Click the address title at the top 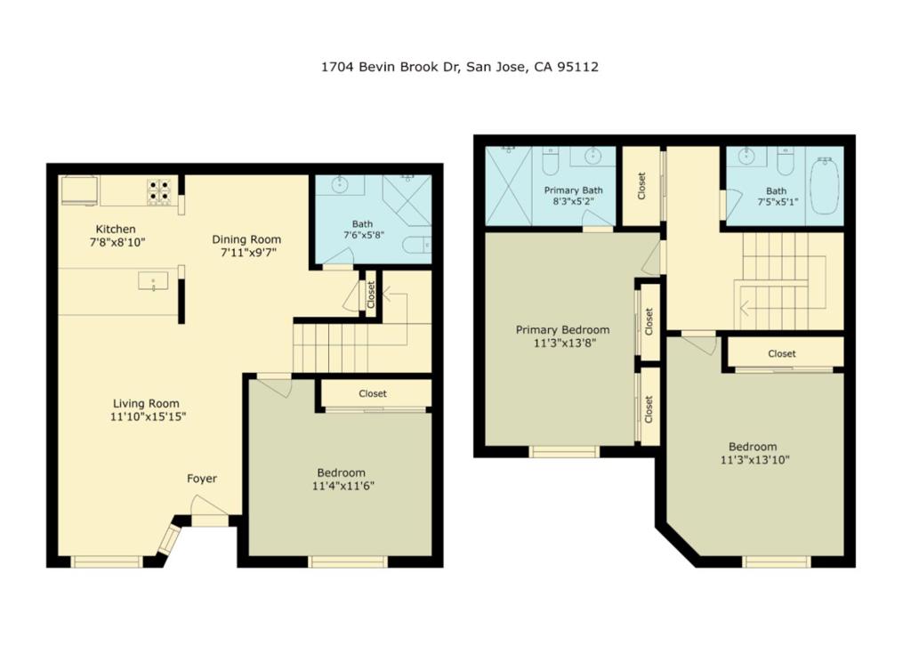click(460, 67)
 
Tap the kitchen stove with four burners click(159, 191)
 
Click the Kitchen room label click(116, 230)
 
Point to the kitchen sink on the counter click(153, 280)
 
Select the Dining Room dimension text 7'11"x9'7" click(246, 253)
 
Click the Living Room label click(146, 404)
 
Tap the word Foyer click(202, 479)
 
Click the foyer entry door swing click(210, 505)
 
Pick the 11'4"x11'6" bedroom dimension click(343, 486)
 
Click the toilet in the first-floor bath click(418, 246)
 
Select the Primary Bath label click(574, 190)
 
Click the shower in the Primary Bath click(509, 186)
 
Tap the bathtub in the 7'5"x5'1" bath click(825, 185)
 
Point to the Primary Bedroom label click(563, 330)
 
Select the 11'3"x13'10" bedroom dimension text click(755, 461)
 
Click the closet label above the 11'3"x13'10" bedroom click(782, 354)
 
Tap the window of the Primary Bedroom click(564, 451)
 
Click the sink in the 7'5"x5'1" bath click(746, 156)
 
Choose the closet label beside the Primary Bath click(641, 186)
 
